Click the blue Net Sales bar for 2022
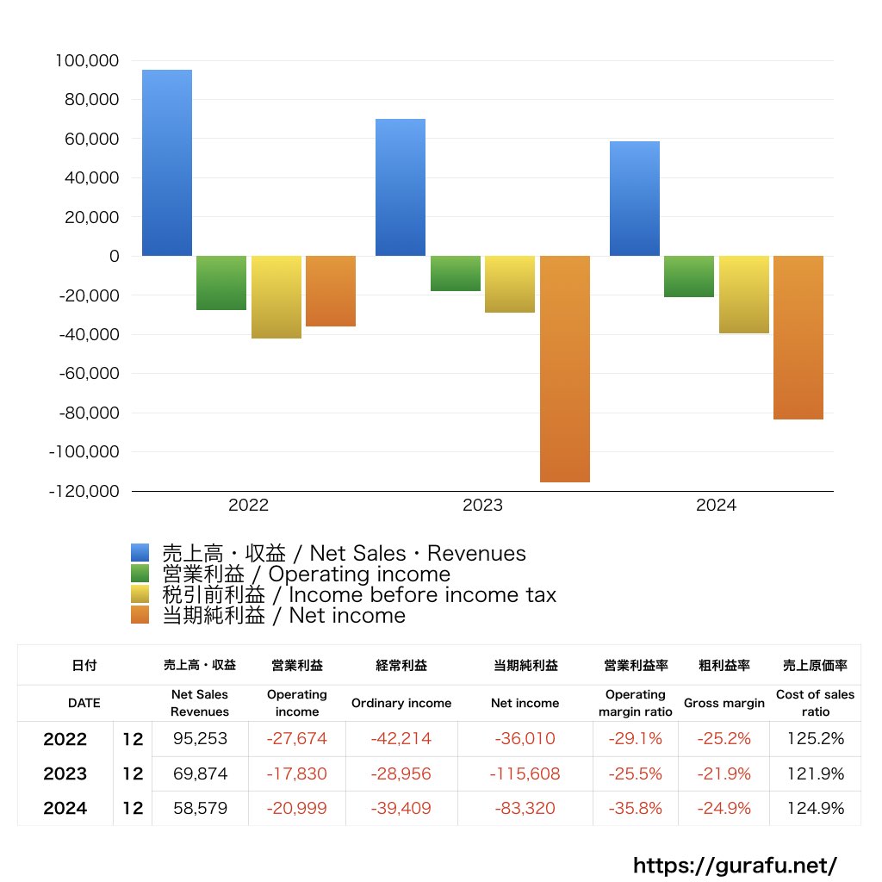pyautogui.click(x=167, y=163)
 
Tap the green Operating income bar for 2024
pyautogui.click(x=689, y=276)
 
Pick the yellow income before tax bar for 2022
pyautogui.click(x=276, y=297)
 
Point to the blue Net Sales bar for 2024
pyautogui.click(x=635, y=198)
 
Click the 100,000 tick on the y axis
pyautogui.click(x=86, y=61)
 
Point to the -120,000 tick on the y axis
pyautogui.click(x=84, y=491)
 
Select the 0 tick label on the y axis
pyautogui.click(x=114, y=257)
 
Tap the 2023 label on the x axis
pyautogui.click(x=482, y=506)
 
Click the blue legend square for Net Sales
pyautogui.click(x=140, y=553)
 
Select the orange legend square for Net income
pyautogui.click(x=140, y=615)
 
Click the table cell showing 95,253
pyautogui.click(x=200, y=739)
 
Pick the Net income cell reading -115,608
pyautogui.click(x=525, y=774)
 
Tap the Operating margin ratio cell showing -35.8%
pyautogui.click(x=636, y=809)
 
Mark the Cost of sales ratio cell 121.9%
pyautogui.click(x=815, y=774)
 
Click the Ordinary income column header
pyautogui.click(x=401, y=703)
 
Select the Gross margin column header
pyautogui.click(x=724, y=703)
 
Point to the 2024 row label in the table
pyautogui.click(x=65, y=809)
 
